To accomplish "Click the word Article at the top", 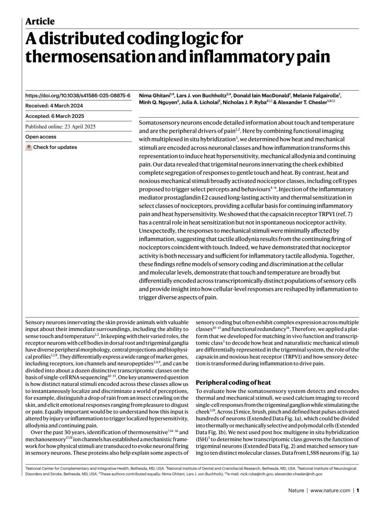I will pyautogui.click(x=40, y=22).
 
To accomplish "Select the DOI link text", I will pyautogui.click(x=78, y=95).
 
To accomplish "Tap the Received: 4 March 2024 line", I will pyautogui.click(x=54, y=106).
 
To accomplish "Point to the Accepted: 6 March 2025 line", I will pyautogui.click(x=55, y=116).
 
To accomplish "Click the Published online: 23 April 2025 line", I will pyautogui.click(x=60, y=127).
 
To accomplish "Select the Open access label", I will pyautogui.click(x=41, y=137).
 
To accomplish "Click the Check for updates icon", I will pyautogui.click(x=29, y=147).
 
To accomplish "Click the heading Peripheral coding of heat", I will pyautogui.click(x=233, y=382).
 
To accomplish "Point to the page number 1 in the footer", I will pyautogui.click(x=358, y=490).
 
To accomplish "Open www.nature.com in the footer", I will pyautogui.click(x=330, y=490).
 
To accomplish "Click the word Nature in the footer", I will pyautogui.click(x=296, y=490).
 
